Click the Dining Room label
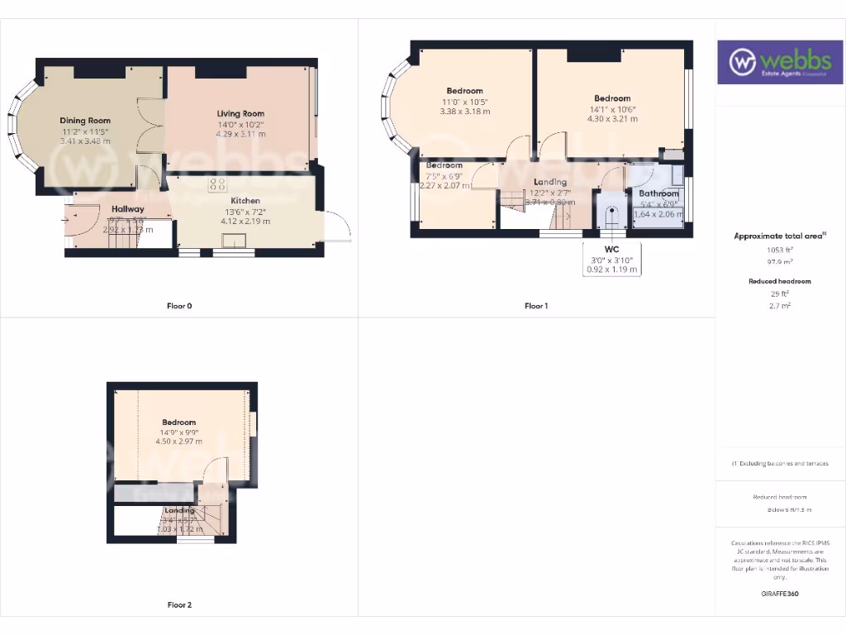[85, 121]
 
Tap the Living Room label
[240, 113]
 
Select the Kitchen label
[245, 201]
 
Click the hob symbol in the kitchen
[218, 184]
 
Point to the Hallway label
[128, 209]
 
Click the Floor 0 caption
[178, 306]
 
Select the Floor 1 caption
[536, 306]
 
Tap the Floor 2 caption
[179, 605]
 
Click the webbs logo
[780, 62]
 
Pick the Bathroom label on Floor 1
[658, 193]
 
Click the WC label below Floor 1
[611, 248]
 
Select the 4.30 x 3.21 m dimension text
[611, 118]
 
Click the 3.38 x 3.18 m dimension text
[464, 112]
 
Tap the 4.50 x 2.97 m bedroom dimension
[179, 442]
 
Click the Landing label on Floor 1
[550, 182]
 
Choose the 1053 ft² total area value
[778, 250]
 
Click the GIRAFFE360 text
[780, 594]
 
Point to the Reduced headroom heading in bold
[779, 281]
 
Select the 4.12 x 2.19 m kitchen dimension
[245, 221]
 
